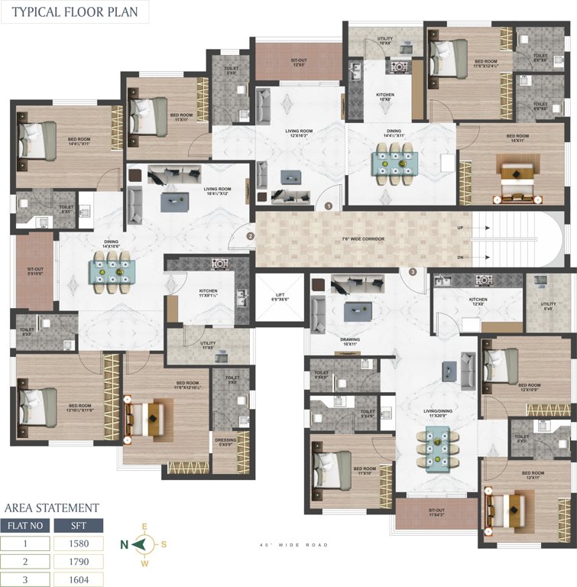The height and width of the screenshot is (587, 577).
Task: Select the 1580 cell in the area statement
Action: point(78,543)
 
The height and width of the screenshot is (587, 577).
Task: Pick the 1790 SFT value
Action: point(78,561)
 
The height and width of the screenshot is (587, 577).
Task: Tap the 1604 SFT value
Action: point(78,579)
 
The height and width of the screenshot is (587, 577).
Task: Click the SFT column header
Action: point(78,526)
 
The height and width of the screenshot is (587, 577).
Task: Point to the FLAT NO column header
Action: point(25,526)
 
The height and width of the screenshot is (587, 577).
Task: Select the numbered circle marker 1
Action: point(329,206)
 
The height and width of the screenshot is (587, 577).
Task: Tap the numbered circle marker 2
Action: point(250,236)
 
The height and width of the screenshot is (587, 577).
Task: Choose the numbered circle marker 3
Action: point(413,271)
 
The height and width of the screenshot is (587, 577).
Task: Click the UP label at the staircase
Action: point(459,227)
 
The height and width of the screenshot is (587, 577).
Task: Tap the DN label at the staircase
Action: point(459,257)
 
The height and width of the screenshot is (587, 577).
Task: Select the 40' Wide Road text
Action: point(294,545)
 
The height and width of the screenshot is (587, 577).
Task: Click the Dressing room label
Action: point(227,442)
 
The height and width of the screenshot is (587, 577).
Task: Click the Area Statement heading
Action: point(51,507)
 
